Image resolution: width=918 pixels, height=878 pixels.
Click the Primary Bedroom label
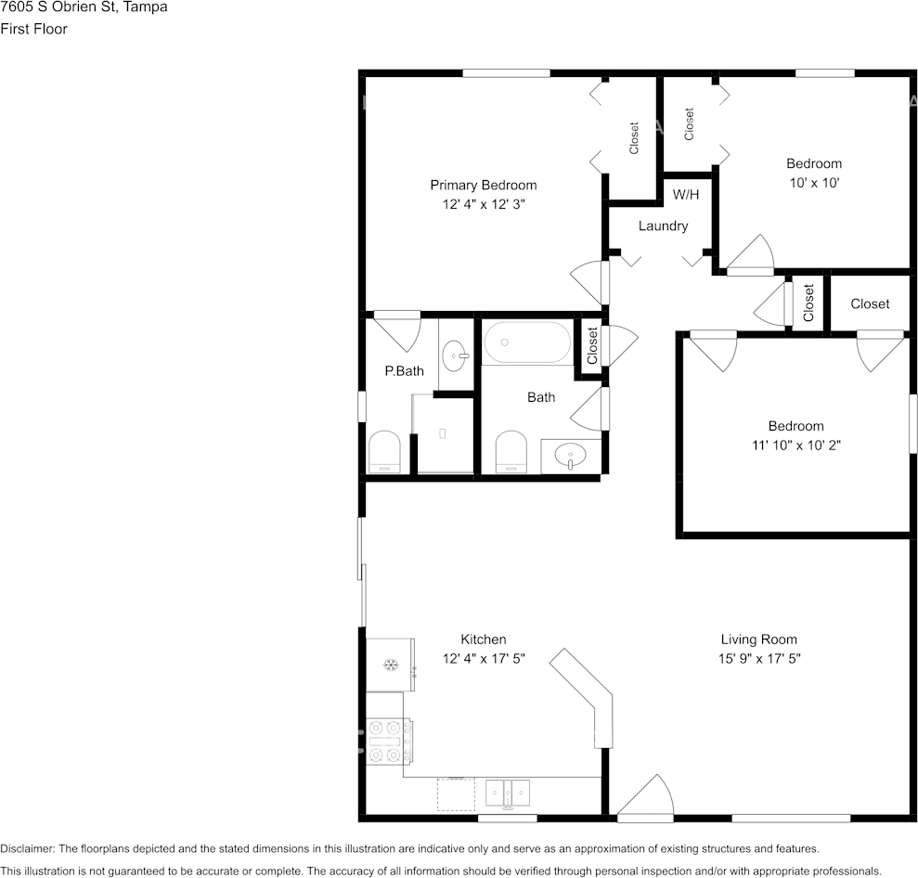pos(483,185)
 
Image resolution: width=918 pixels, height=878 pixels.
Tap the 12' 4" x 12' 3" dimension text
pos(484,204)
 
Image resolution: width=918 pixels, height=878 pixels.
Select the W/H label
pos(686,195)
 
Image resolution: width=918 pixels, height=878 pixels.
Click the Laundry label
pos(663,226)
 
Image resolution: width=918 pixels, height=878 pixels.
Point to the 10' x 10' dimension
pos(814,183)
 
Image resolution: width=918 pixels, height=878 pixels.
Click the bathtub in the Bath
pos(527,342)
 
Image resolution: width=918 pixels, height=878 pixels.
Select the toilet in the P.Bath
pos(383,453)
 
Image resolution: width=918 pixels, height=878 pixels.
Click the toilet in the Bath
pos(511,453)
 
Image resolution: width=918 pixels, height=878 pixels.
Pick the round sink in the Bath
pos(568,456)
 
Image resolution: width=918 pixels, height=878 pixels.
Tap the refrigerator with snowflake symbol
pos(390,665)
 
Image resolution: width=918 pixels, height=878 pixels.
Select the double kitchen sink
pos(508,793)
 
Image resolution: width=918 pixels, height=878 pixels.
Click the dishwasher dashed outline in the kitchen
pos(456,794)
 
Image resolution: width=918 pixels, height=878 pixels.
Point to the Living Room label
pos(758,639)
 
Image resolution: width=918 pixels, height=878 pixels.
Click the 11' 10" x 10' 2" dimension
pos(795,445)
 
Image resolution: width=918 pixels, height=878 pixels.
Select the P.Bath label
pos(404,371)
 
